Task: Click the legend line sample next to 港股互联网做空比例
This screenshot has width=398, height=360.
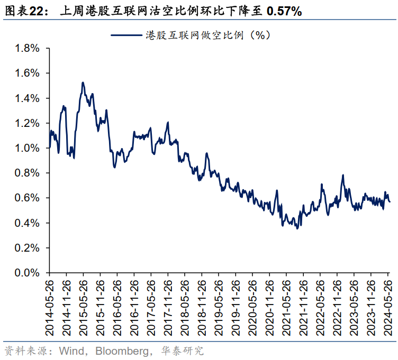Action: (126, 35)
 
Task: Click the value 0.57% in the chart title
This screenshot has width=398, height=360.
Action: (284, 11)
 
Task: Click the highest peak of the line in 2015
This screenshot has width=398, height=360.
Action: (83, 82)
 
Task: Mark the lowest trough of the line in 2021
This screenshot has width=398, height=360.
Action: (297, 228)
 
